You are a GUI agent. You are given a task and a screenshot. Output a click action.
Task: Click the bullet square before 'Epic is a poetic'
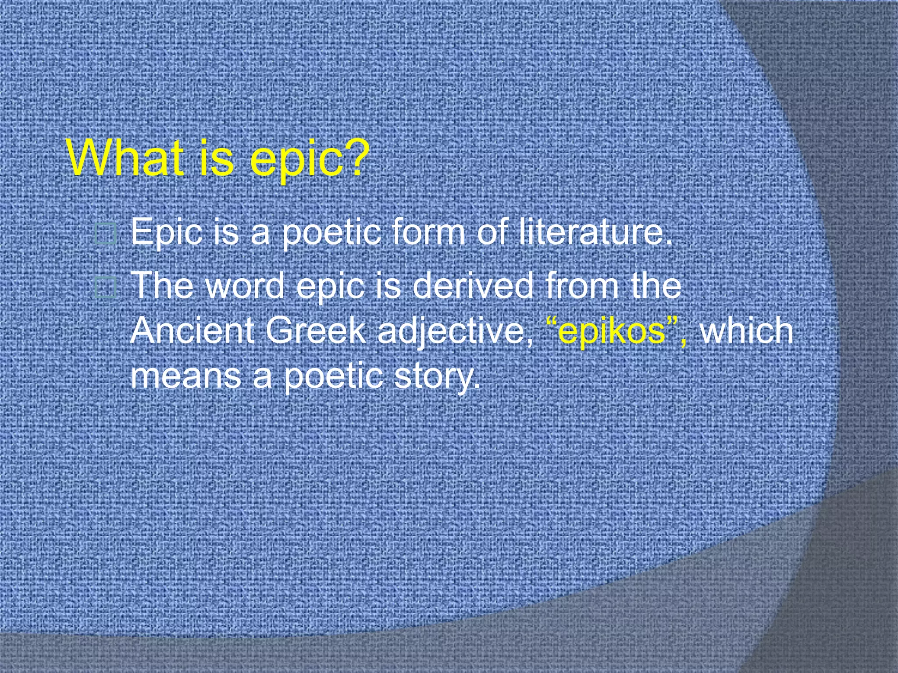106,234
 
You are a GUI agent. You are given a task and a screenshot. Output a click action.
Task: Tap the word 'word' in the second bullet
245,286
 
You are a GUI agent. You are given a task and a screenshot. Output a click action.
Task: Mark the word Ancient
192,330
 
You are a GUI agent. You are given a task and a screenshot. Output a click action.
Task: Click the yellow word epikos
612,331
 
